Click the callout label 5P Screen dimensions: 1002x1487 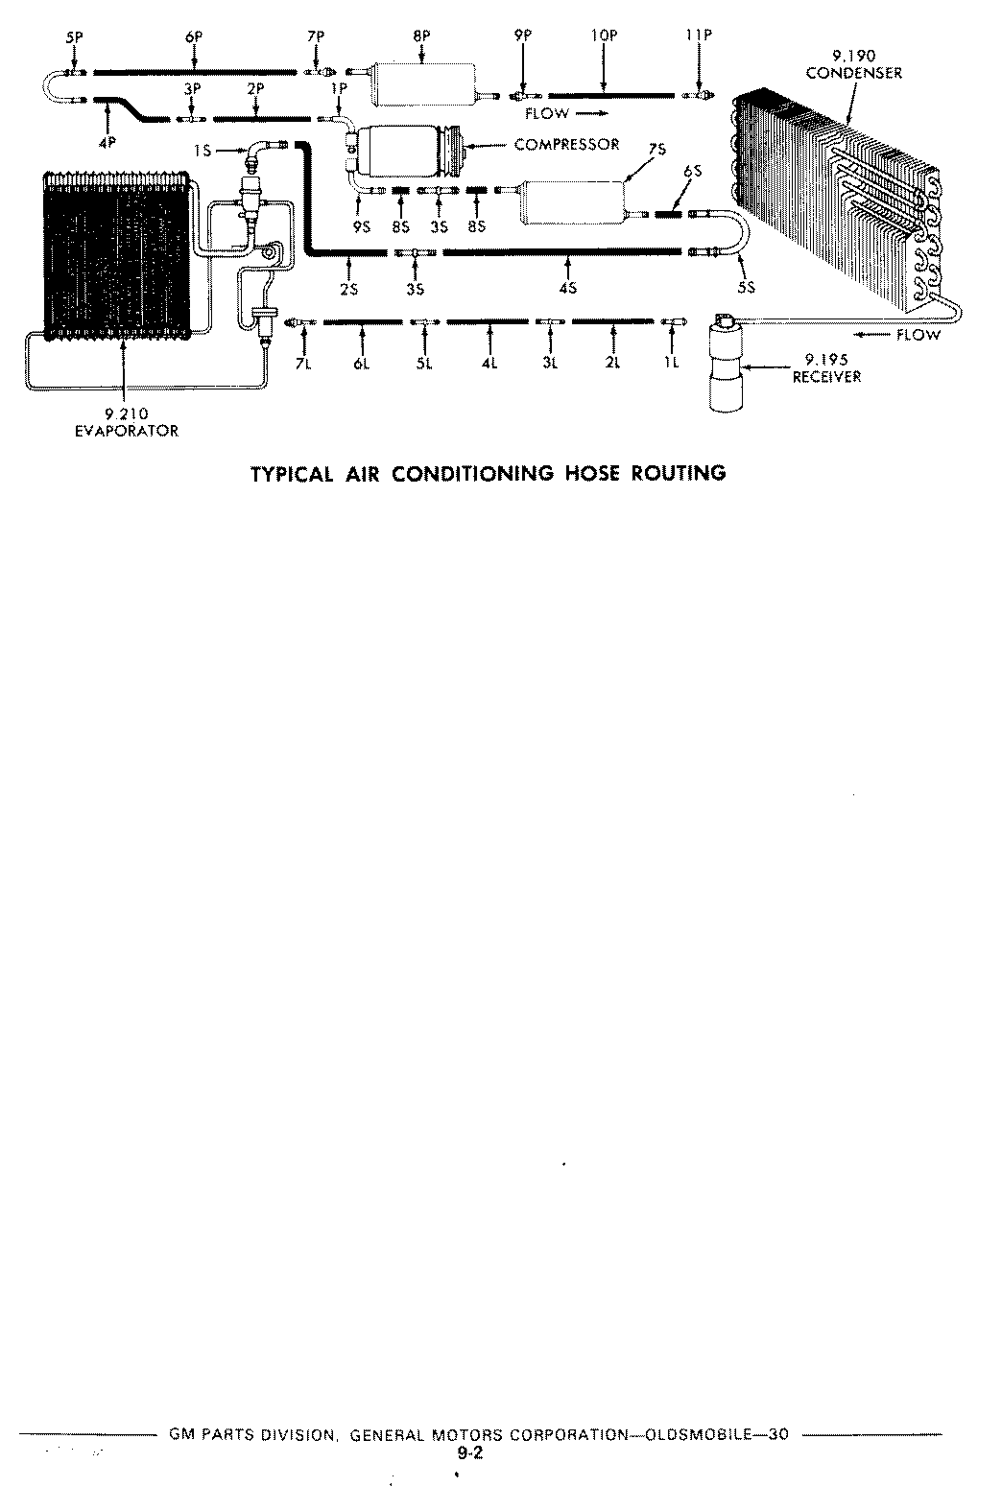pyautogui.click(x=74, y=37)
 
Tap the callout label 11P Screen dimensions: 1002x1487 pyautogui.click(x=700, y=35)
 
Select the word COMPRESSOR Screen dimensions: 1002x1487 pyautogui.click(x=566, y=144)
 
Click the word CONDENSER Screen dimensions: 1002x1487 pyautogui.click(x=854, y=73)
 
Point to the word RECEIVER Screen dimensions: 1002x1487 pyautogui.click(x=826, y=377)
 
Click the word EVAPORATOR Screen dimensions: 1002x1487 pyautogui.click(x=126, y=431)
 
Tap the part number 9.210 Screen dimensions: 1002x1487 pyautogui.click(x=126, y=414)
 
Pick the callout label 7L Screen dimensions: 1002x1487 pyautogui.click(x=303, y=364)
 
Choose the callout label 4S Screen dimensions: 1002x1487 pyautogui.click(x=568, y=288)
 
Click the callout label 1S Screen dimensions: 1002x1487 pyautogui.click(x=203, y=152)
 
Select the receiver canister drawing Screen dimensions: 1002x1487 pyautogui.click(x=726, y=364)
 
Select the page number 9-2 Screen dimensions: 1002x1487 pyautogui.click(x=471, y=1453)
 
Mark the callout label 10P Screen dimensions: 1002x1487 pyautogui.click(x=605, y=35)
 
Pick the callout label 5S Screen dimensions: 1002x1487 pyautogui.click(x=747, y=288)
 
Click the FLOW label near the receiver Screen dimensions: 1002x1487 pyautogui.click(x=918, y=335)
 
